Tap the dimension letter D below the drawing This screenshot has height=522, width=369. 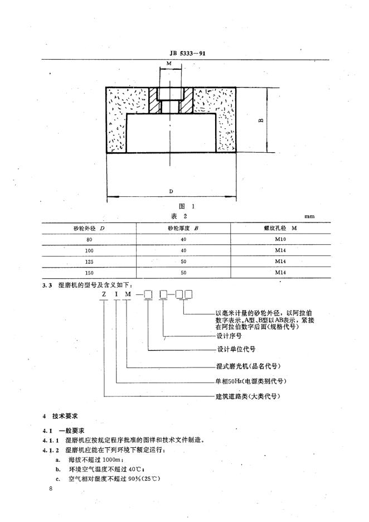(x=171, y=191)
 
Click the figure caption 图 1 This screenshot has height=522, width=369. (x=172, y=205)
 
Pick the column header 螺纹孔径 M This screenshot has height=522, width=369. (x=280, y=228)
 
